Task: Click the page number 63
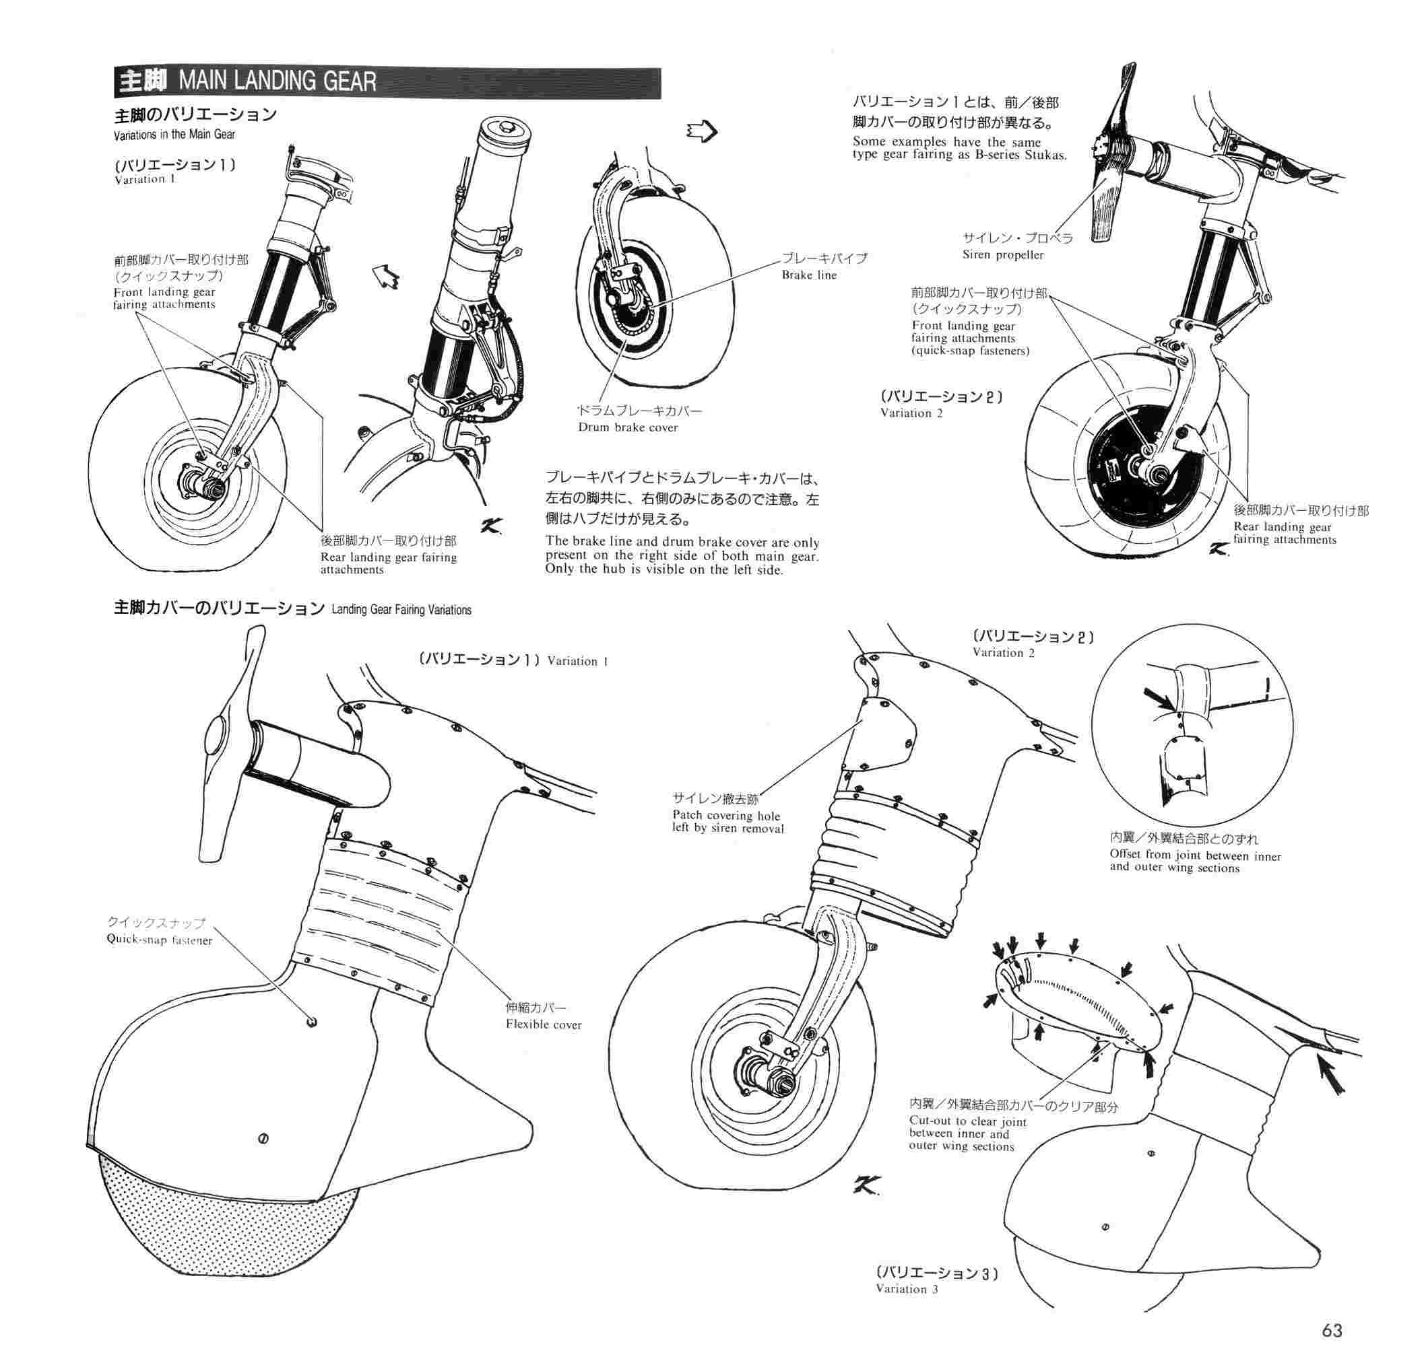coord(1332,1330)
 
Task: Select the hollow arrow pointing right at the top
coord(702,131)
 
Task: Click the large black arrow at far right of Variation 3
coord(1331,1078)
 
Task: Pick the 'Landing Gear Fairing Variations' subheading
coord(401,610)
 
